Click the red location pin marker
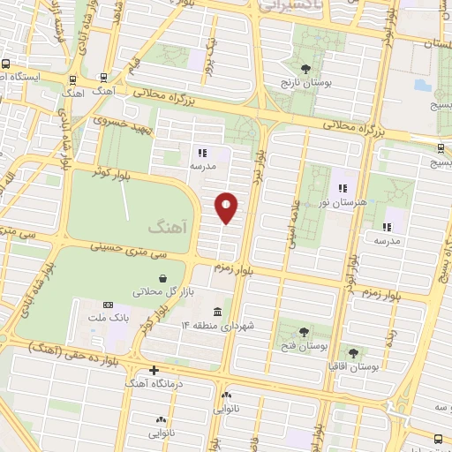pos(227,207)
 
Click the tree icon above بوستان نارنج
pos(305,67)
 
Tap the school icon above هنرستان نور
pos(343,188)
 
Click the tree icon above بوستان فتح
pos(305,332)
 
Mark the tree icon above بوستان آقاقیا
pos(355,351)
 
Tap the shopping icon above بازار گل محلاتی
pos(162,277)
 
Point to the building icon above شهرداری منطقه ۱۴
pos(217,312)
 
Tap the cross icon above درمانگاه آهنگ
pos(154,370)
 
